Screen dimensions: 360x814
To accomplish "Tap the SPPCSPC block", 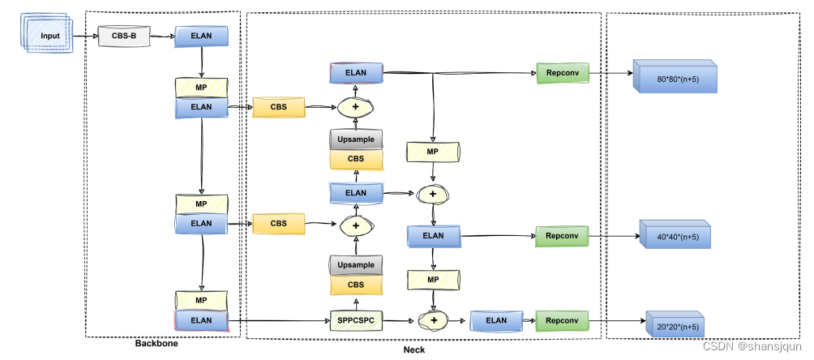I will click(x=356, y=320).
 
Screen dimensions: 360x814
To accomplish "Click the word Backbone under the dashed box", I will click(x=156, y=344).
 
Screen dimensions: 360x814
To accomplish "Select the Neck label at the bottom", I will click(x=413, y=350).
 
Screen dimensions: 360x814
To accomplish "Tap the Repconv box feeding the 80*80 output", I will click(x=561, y=73).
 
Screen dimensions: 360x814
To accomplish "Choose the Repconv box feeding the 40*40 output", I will click(x=561, y=236).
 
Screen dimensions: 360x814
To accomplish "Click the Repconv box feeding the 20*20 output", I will click(x=561, y=320).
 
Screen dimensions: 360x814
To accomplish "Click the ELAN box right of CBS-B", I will click(x=201, y=36).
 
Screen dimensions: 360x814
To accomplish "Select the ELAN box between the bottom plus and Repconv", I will click(x=496, y=320).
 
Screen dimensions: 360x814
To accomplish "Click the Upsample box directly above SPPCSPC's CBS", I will click(x=356, y=264).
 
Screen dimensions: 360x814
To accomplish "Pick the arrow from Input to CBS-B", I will click(x=84, y=36).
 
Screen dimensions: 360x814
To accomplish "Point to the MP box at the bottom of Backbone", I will click(x=201, y=300).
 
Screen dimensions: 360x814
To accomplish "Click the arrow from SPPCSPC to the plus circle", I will click(x=398, y=320).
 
